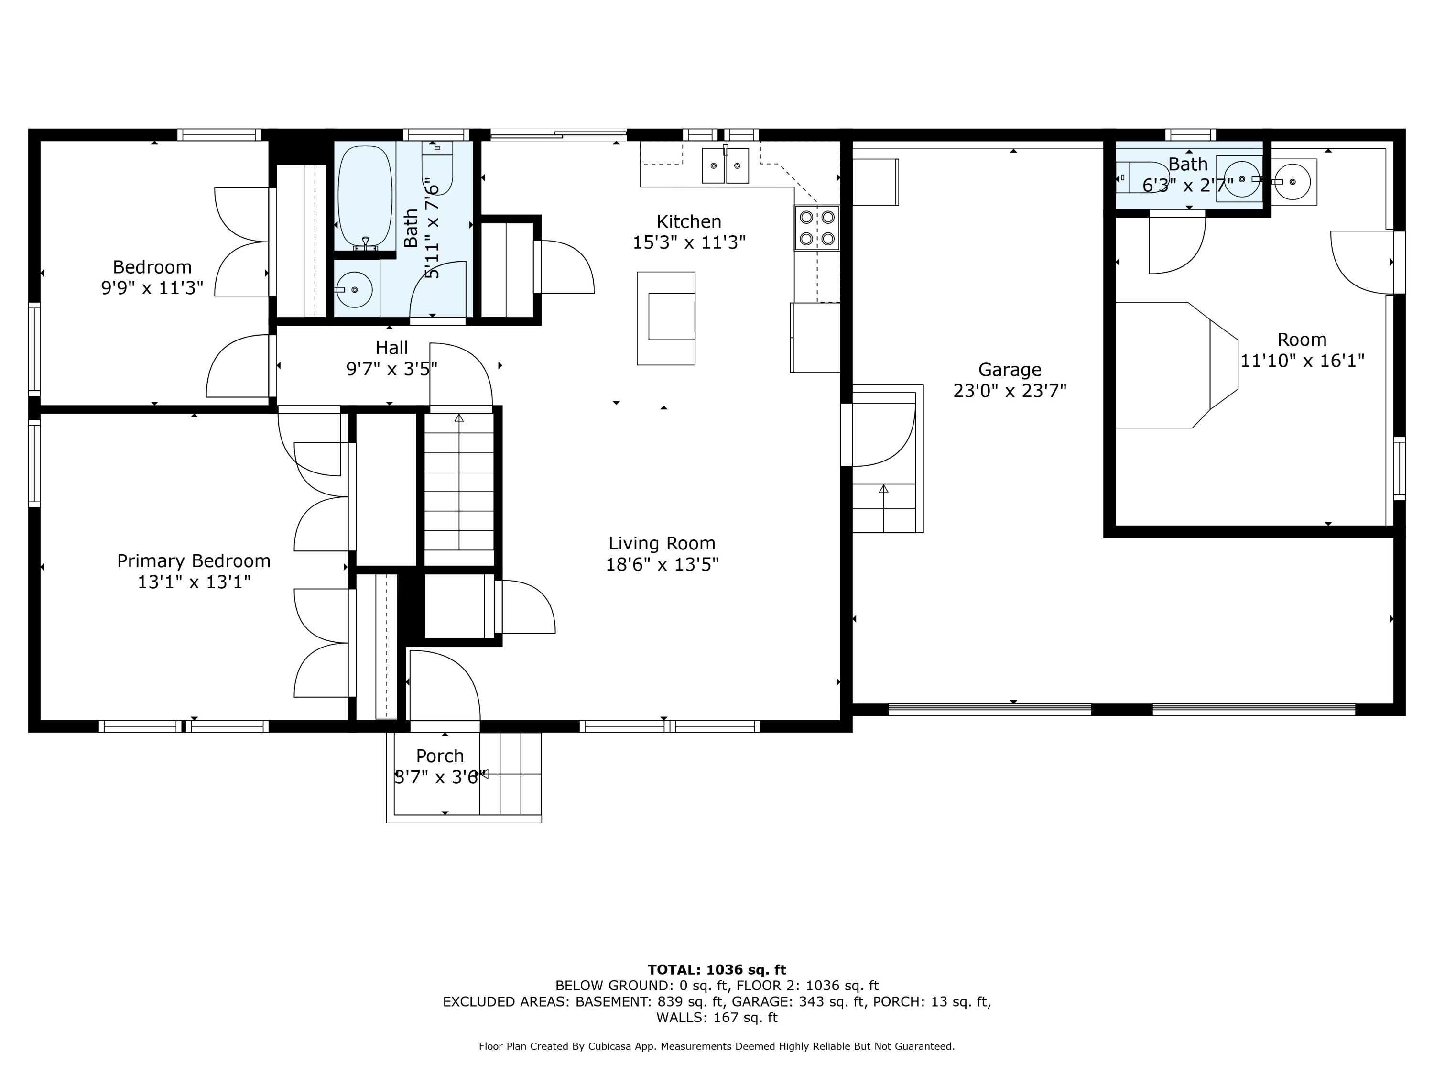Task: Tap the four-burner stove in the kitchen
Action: [x=817, y=228]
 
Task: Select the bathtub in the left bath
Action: [x=365, y=197]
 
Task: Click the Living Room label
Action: [x=662, y=544]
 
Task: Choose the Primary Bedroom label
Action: [x=194, y=561]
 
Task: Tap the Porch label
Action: [x=440, y=756]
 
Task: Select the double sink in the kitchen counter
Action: [x=726, y=165]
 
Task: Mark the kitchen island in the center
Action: [x=666, y=318]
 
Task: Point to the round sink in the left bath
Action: [x=354, y=290]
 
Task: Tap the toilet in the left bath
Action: [x=437, y=167]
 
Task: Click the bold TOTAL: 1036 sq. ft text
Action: [x=717, y=970]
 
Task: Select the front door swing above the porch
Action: [x=445, y=686]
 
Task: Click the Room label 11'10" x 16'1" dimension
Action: [x=1303, y=361]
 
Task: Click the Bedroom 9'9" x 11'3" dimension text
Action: [x=152, y=288]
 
